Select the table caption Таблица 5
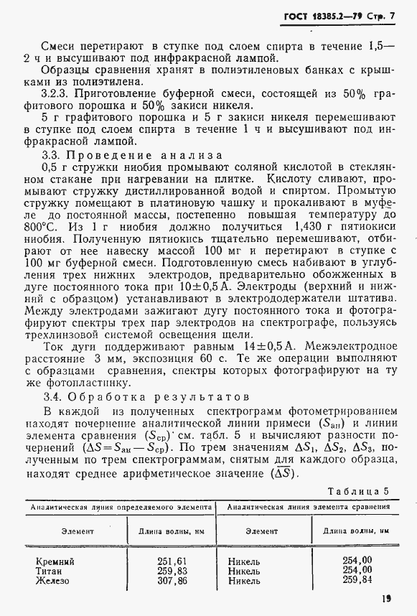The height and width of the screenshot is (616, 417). pos(357,491)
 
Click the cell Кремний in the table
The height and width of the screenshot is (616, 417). pos(55,561)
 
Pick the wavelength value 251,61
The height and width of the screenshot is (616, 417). pos(172,561)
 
